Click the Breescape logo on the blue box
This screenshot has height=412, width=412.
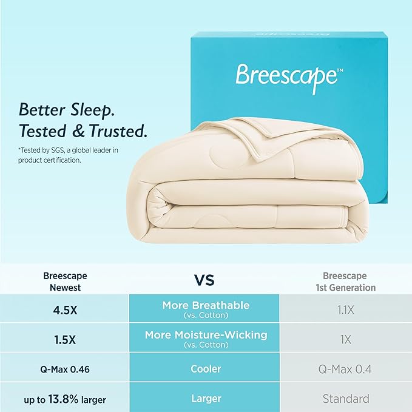coord(286,77)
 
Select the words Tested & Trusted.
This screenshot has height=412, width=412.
coord(83,130)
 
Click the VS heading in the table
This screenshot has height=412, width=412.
coord(204,280)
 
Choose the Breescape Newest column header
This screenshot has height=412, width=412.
coord(65,282)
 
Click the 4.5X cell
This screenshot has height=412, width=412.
coord(65,310)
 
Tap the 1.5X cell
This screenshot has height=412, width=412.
coord(65,339)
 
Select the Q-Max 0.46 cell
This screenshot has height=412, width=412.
coord(65,369)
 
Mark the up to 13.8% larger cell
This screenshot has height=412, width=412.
coord(65,399)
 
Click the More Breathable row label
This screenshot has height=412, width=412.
coord(204,309)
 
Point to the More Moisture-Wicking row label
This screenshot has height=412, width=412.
coord(204,338)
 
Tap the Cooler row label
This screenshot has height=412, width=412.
coord(204,369)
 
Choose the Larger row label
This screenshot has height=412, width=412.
coord(204,399)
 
